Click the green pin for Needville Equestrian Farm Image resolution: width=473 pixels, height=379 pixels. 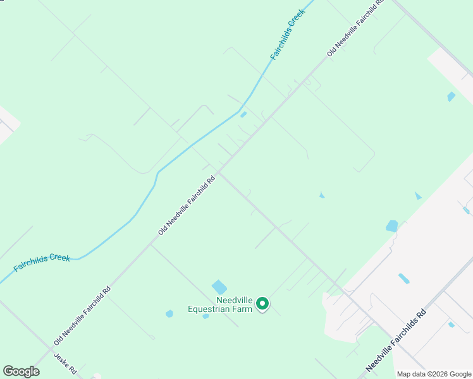[x=262, y=304]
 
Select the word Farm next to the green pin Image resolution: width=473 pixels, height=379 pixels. [x=245, y=309]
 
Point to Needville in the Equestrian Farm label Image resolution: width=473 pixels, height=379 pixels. [x=235, y=299]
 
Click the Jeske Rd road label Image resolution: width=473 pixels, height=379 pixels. [x=65, y=364]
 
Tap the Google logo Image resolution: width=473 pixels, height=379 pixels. [x=21, y=371]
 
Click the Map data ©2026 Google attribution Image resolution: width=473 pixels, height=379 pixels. [x=434, y=374]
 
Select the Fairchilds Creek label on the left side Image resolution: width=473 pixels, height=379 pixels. [x=42, y=262]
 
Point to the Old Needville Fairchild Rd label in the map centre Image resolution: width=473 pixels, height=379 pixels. [x=187, y=205]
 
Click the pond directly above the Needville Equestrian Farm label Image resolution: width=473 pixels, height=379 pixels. [x=219, y=287]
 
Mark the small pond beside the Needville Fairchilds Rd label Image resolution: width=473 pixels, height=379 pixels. [x=451, y=325]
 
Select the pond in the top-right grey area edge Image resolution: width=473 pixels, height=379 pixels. [x=451, y=97]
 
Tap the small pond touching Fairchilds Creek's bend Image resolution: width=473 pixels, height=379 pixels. [x=243, y=114]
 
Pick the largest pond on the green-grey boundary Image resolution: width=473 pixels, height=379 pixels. [x=392, y=226]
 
